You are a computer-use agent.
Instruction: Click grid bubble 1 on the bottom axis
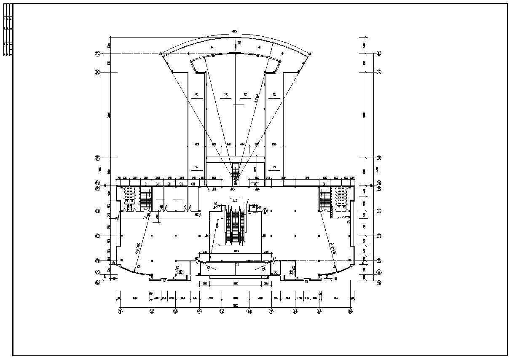click(120, 312)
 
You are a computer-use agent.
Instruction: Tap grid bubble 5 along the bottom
click(222, 312)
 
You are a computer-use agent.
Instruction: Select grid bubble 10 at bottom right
click(350, 312)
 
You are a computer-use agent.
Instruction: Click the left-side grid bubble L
click(97, 54)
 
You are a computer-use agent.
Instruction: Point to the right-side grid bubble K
click(379, 72)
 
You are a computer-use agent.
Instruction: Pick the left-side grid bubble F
click(97, 158)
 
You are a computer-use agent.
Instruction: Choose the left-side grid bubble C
click(97, 236)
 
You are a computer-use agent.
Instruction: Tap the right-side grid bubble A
click(379, 272)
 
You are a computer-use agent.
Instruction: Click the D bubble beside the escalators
click(265, 211)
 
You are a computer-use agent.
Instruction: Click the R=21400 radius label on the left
click(138, 249)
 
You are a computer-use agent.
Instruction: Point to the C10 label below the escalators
click(237, 265)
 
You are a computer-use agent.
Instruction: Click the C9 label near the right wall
click(348, 222)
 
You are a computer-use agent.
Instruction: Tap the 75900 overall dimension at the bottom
click(236, 305)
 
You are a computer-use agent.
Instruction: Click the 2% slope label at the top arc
click(239, 43)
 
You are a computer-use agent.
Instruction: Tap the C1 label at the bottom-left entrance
click(165, 281)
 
